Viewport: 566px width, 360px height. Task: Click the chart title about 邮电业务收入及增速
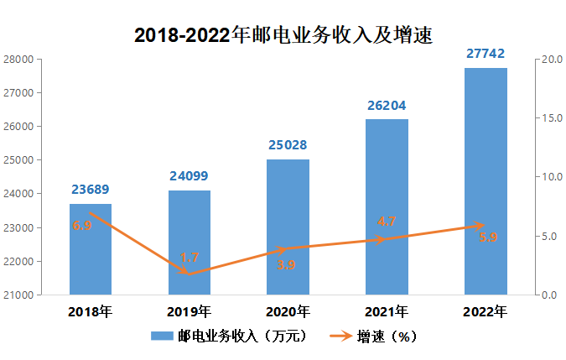(283, 34)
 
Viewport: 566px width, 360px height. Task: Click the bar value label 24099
(189, 176)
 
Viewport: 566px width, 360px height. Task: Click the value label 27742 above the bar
(486, 53)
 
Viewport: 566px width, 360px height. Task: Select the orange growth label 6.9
(82, 226)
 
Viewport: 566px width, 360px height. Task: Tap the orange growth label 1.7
(190, 258)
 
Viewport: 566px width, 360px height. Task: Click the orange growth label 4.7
(387, 222)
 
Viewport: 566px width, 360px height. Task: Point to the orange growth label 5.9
(488, 237)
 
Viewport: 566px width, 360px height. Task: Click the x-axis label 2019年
(189, 312)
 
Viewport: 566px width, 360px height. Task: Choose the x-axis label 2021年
(387, 312)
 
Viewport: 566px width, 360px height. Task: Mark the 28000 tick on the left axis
(18, 60)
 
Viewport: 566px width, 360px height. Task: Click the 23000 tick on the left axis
(18, 228)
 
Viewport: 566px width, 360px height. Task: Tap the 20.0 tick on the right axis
(551, 60)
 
